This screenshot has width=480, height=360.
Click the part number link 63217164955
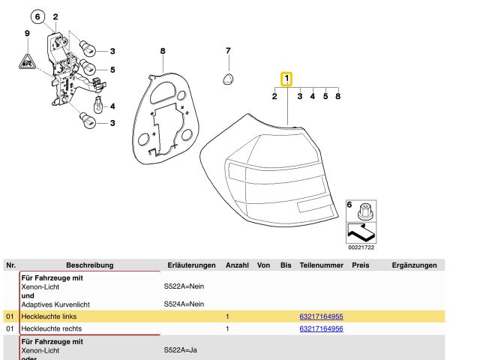321,317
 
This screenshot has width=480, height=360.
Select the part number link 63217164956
321,328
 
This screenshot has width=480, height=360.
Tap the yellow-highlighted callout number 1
286,79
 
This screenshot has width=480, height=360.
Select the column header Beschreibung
89,265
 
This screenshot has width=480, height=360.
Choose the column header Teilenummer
321,265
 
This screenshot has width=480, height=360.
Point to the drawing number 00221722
361,247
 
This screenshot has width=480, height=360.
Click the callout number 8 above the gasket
162,51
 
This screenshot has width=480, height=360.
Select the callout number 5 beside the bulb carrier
112,70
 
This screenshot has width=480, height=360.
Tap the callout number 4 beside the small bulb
112,106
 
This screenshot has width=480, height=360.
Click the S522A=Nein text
184,286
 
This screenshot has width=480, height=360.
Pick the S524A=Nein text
184,304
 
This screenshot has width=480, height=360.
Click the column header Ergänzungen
414,265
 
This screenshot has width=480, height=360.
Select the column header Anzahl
237,265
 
